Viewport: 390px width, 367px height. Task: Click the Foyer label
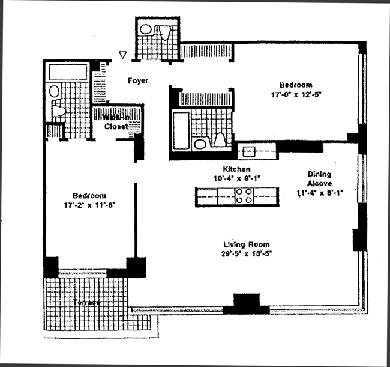pos(137,80)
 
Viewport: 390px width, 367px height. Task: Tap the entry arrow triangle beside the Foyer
pos(124,55)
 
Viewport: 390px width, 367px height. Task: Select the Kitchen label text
pos(236,169)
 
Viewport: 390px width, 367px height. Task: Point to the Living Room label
pos(246,244)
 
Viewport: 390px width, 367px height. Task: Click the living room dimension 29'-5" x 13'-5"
pos(246,253)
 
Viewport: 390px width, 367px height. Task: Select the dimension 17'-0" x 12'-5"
pos(299,94)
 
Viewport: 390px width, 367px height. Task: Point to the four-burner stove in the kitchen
pos(244,196)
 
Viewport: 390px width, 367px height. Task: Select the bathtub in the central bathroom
pos(179,130)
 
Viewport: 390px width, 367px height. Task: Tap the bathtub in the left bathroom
pos(67,73)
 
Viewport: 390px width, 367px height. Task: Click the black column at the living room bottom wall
pos(246,304)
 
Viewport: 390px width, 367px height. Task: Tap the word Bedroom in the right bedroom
pos(299,85)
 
